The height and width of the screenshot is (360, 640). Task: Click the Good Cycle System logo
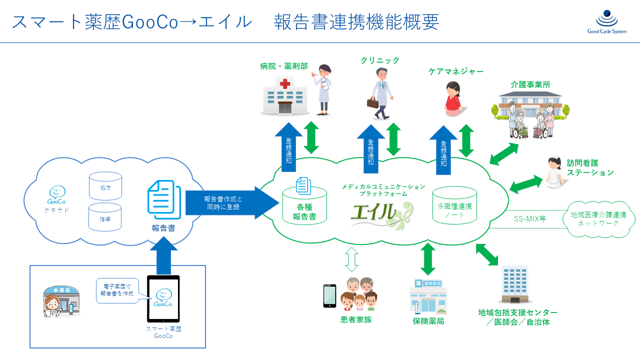(x=607, y=22)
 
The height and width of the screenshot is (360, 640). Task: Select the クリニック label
(x=380, y=60)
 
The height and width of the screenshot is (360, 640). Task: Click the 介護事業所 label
(x=530, y=84)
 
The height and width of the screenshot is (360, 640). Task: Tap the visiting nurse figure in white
(x=554, y=172)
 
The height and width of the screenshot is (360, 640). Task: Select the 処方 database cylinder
(x=105, y=186)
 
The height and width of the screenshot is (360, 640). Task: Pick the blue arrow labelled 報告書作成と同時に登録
(x=230, y=203)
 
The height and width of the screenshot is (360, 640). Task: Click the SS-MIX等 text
(x=529, y=218)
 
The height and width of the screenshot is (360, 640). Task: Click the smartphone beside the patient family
(x=329, y=295)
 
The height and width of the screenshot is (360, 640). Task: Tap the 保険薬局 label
(x=428, y=321)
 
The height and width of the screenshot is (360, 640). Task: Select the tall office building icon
(x=514, y=284)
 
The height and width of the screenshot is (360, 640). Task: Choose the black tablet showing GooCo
(x=163, y=298)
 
